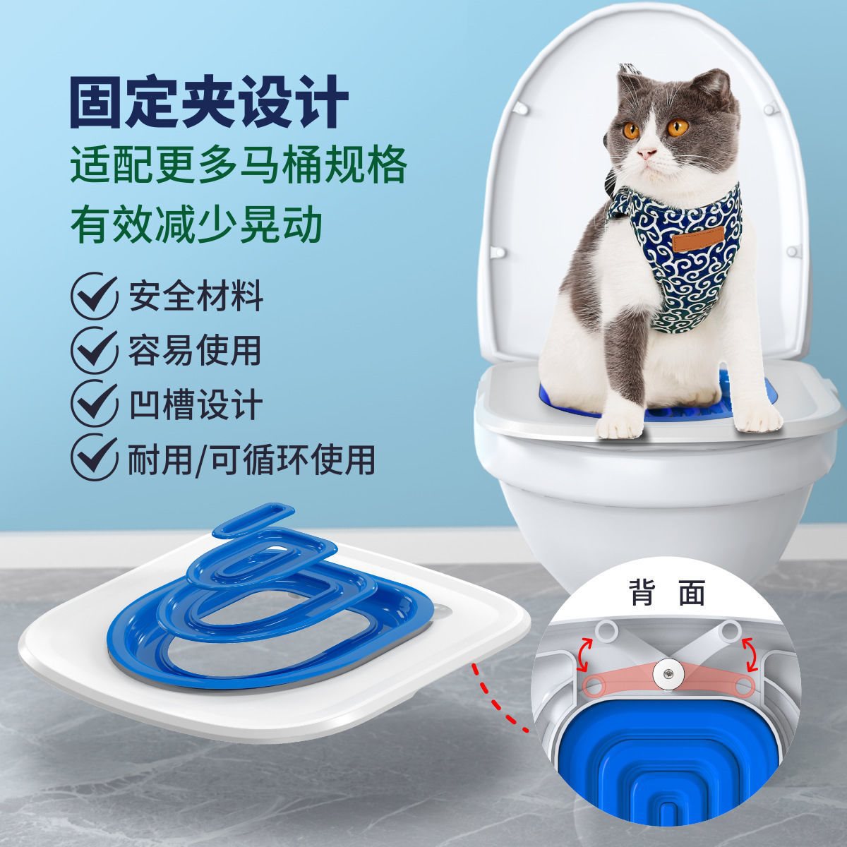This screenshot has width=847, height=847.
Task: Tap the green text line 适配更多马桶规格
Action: coord(239,166)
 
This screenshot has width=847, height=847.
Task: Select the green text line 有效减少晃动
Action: coord(196,223)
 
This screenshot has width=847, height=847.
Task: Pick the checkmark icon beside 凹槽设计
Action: coord(94,404)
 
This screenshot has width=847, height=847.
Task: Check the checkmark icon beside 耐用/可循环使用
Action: coord(94,457)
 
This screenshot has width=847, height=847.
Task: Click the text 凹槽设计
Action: coord(196,404)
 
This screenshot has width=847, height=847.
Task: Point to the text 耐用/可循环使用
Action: coord(251,459)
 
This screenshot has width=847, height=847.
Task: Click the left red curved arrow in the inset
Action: coord(582,653)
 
